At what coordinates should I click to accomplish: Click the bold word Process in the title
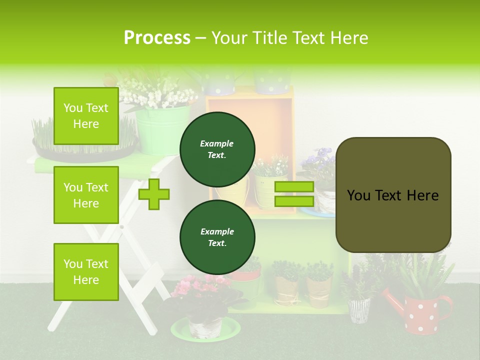tap(157, 37)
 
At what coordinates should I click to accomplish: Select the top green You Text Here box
tap(86, 116)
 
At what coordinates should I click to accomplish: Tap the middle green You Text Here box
tap(86, 195)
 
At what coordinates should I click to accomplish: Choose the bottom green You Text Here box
tap(86, 271)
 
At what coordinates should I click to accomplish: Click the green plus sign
tap(154, 194)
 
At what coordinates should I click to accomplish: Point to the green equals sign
tap(294, 194)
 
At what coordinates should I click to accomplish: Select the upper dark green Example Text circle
tap(217, 149)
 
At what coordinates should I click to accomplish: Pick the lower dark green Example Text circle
tap(217, 237)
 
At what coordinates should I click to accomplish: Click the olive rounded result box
tap(393, 195)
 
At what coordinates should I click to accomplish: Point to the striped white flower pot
tap(358, 310)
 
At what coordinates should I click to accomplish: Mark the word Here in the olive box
tap(422, 195)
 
